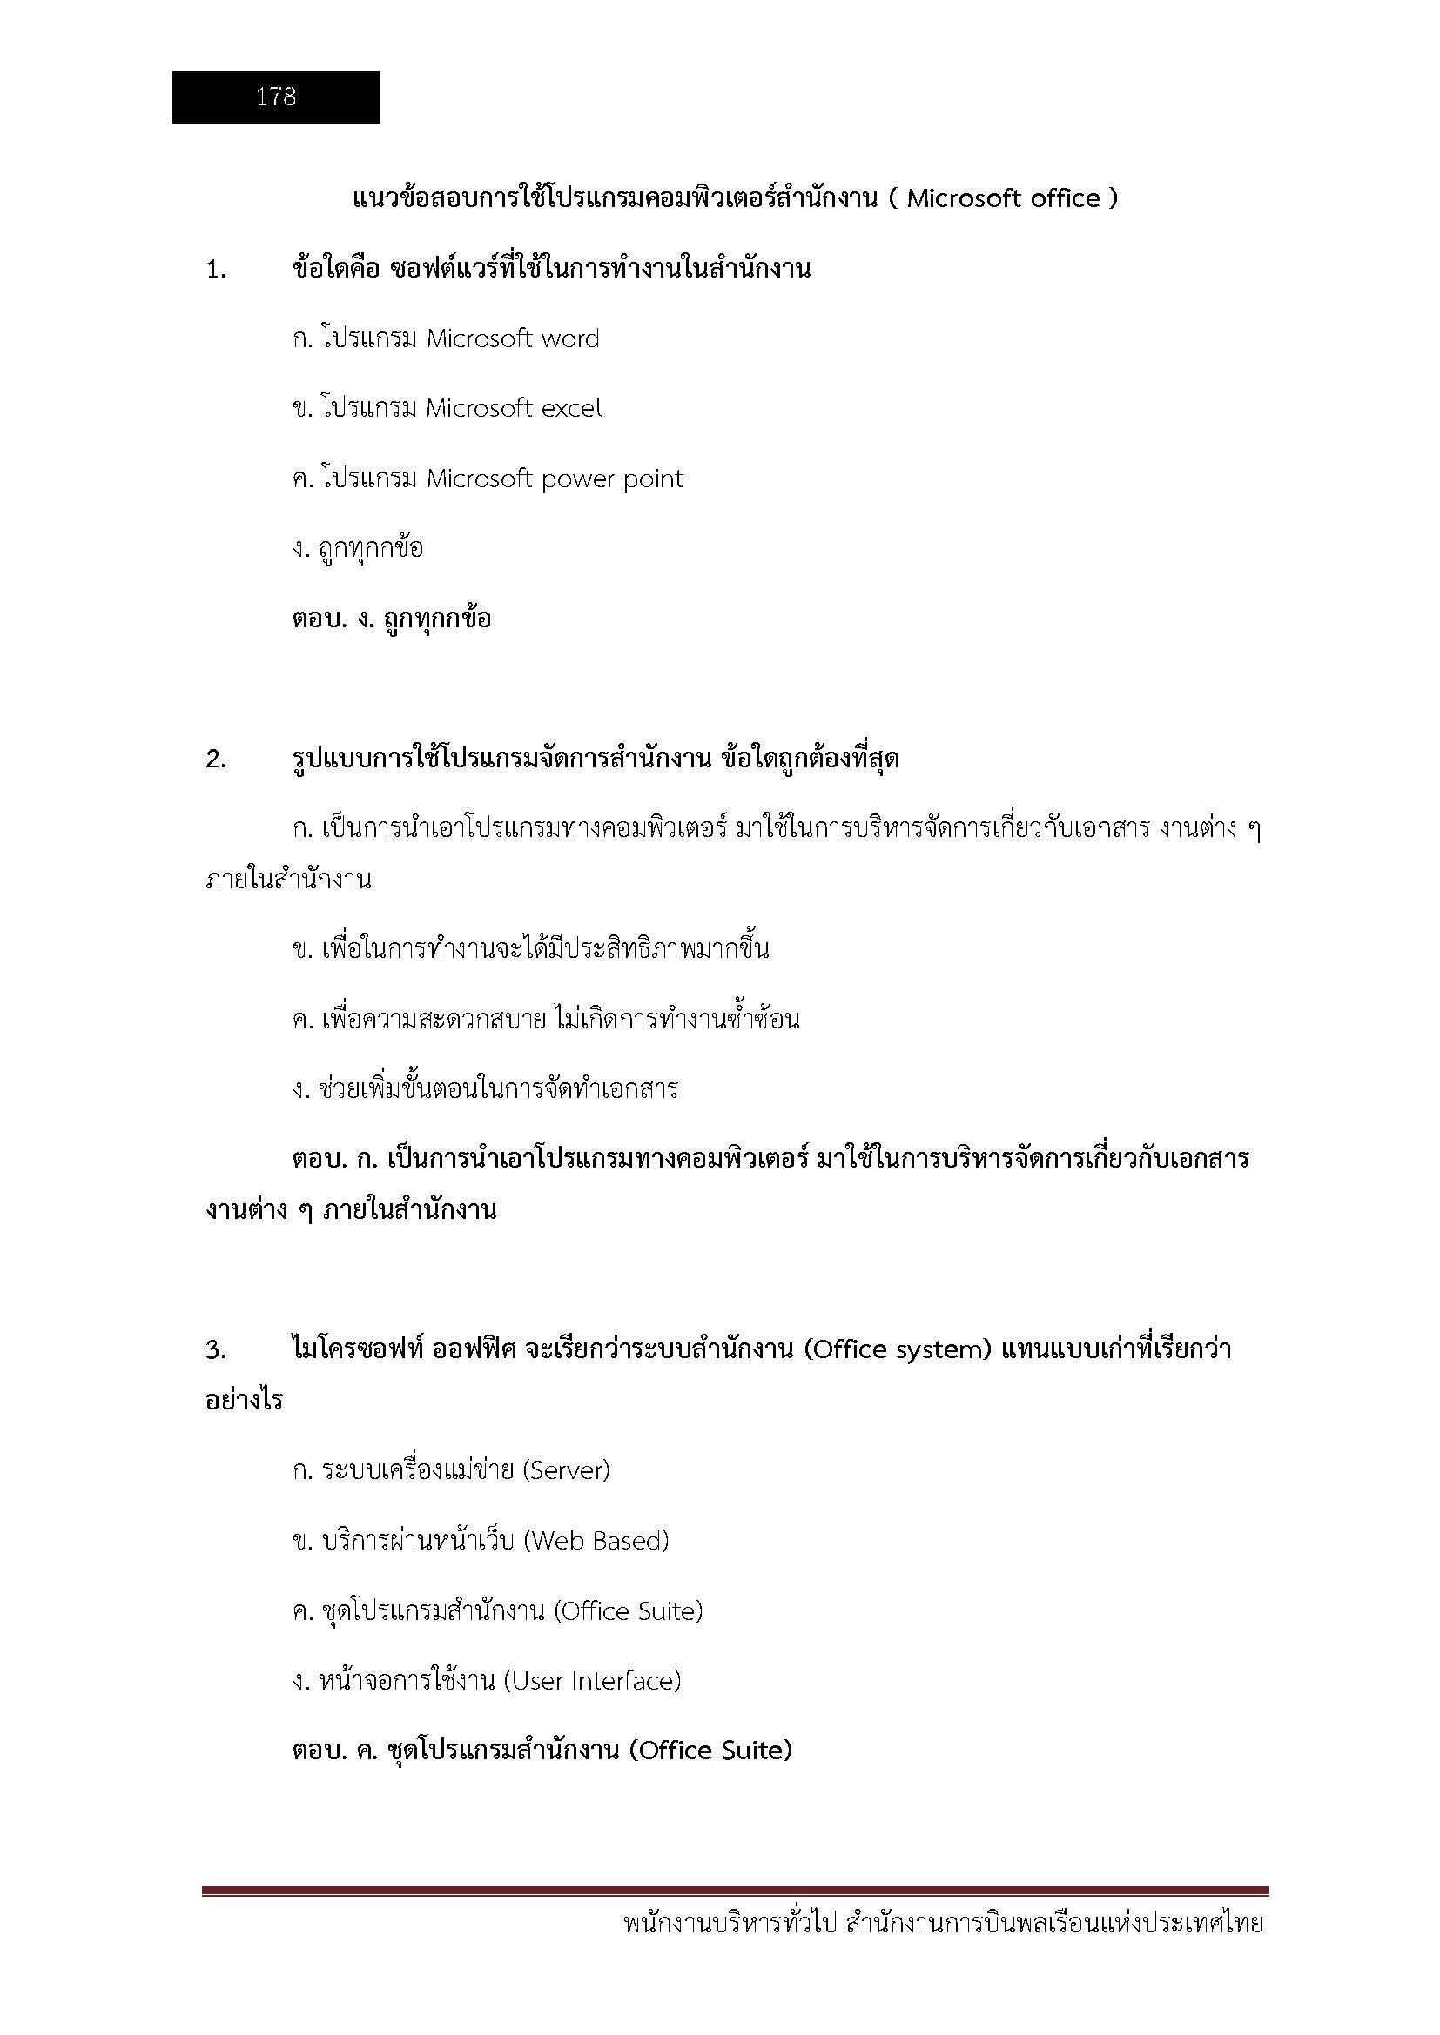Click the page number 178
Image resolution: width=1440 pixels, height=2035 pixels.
276,97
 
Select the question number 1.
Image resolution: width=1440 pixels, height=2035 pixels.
215,270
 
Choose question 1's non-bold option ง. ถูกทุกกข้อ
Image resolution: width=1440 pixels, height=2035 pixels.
358,549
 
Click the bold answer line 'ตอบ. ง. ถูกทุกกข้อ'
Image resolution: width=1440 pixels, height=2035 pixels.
391,619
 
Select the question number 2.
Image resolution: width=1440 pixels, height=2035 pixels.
215,760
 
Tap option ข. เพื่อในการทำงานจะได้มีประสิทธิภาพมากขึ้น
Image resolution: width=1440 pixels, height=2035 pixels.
530,949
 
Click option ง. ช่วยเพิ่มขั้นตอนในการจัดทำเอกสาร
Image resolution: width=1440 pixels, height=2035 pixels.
485,1089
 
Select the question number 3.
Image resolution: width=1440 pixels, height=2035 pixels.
215,1350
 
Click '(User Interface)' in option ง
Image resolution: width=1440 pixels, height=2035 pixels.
591,1681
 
